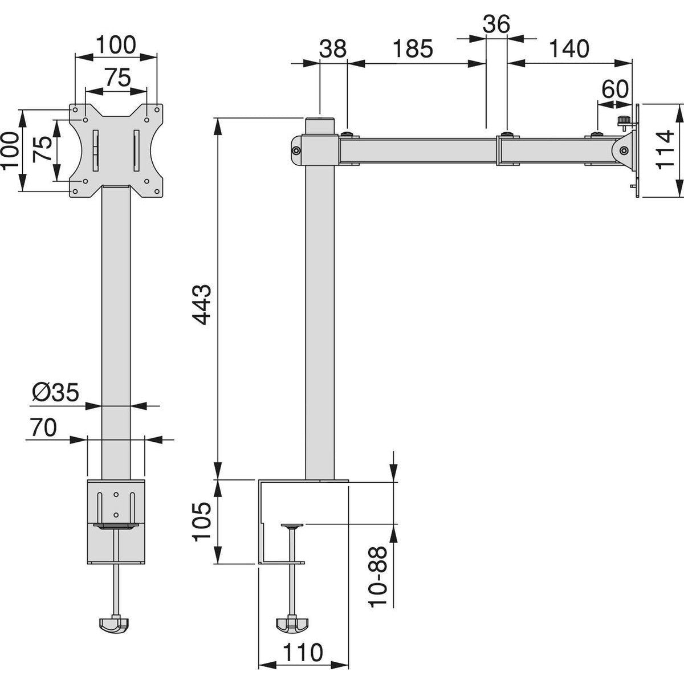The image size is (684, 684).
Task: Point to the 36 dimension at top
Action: [x=496, y=23]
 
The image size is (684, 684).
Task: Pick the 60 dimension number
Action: [x=615, y=89]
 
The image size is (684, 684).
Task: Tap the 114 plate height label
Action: [x=664, y=149]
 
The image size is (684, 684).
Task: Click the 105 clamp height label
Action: [x=203, y=522]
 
